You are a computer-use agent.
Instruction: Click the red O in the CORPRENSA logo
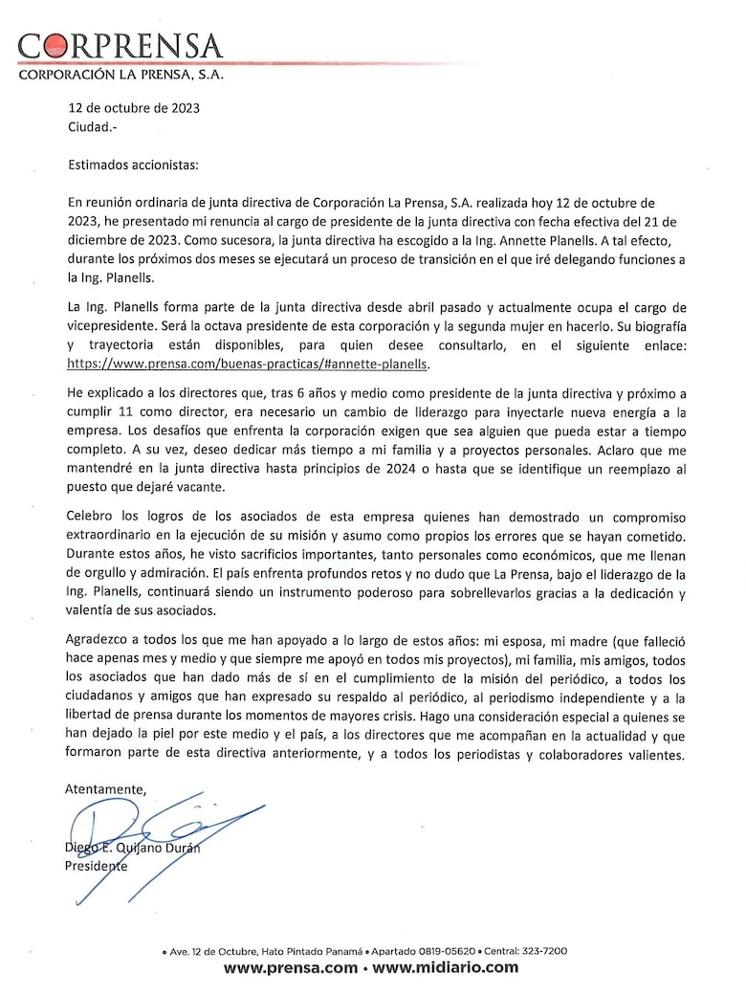pyautogui.click(x=55, y=45)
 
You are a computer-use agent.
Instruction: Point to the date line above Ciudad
pyautogui.click(x=133, y=108)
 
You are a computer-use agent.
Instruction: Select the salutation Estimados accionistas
pyautogui.click(x=133, y=165)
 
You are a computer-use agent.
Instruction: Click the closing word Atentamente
pyautogui.click(x=106, y=789)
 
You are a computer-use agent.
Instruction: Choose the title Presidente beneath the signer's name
pyautogui.click(x=96, y=866)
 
